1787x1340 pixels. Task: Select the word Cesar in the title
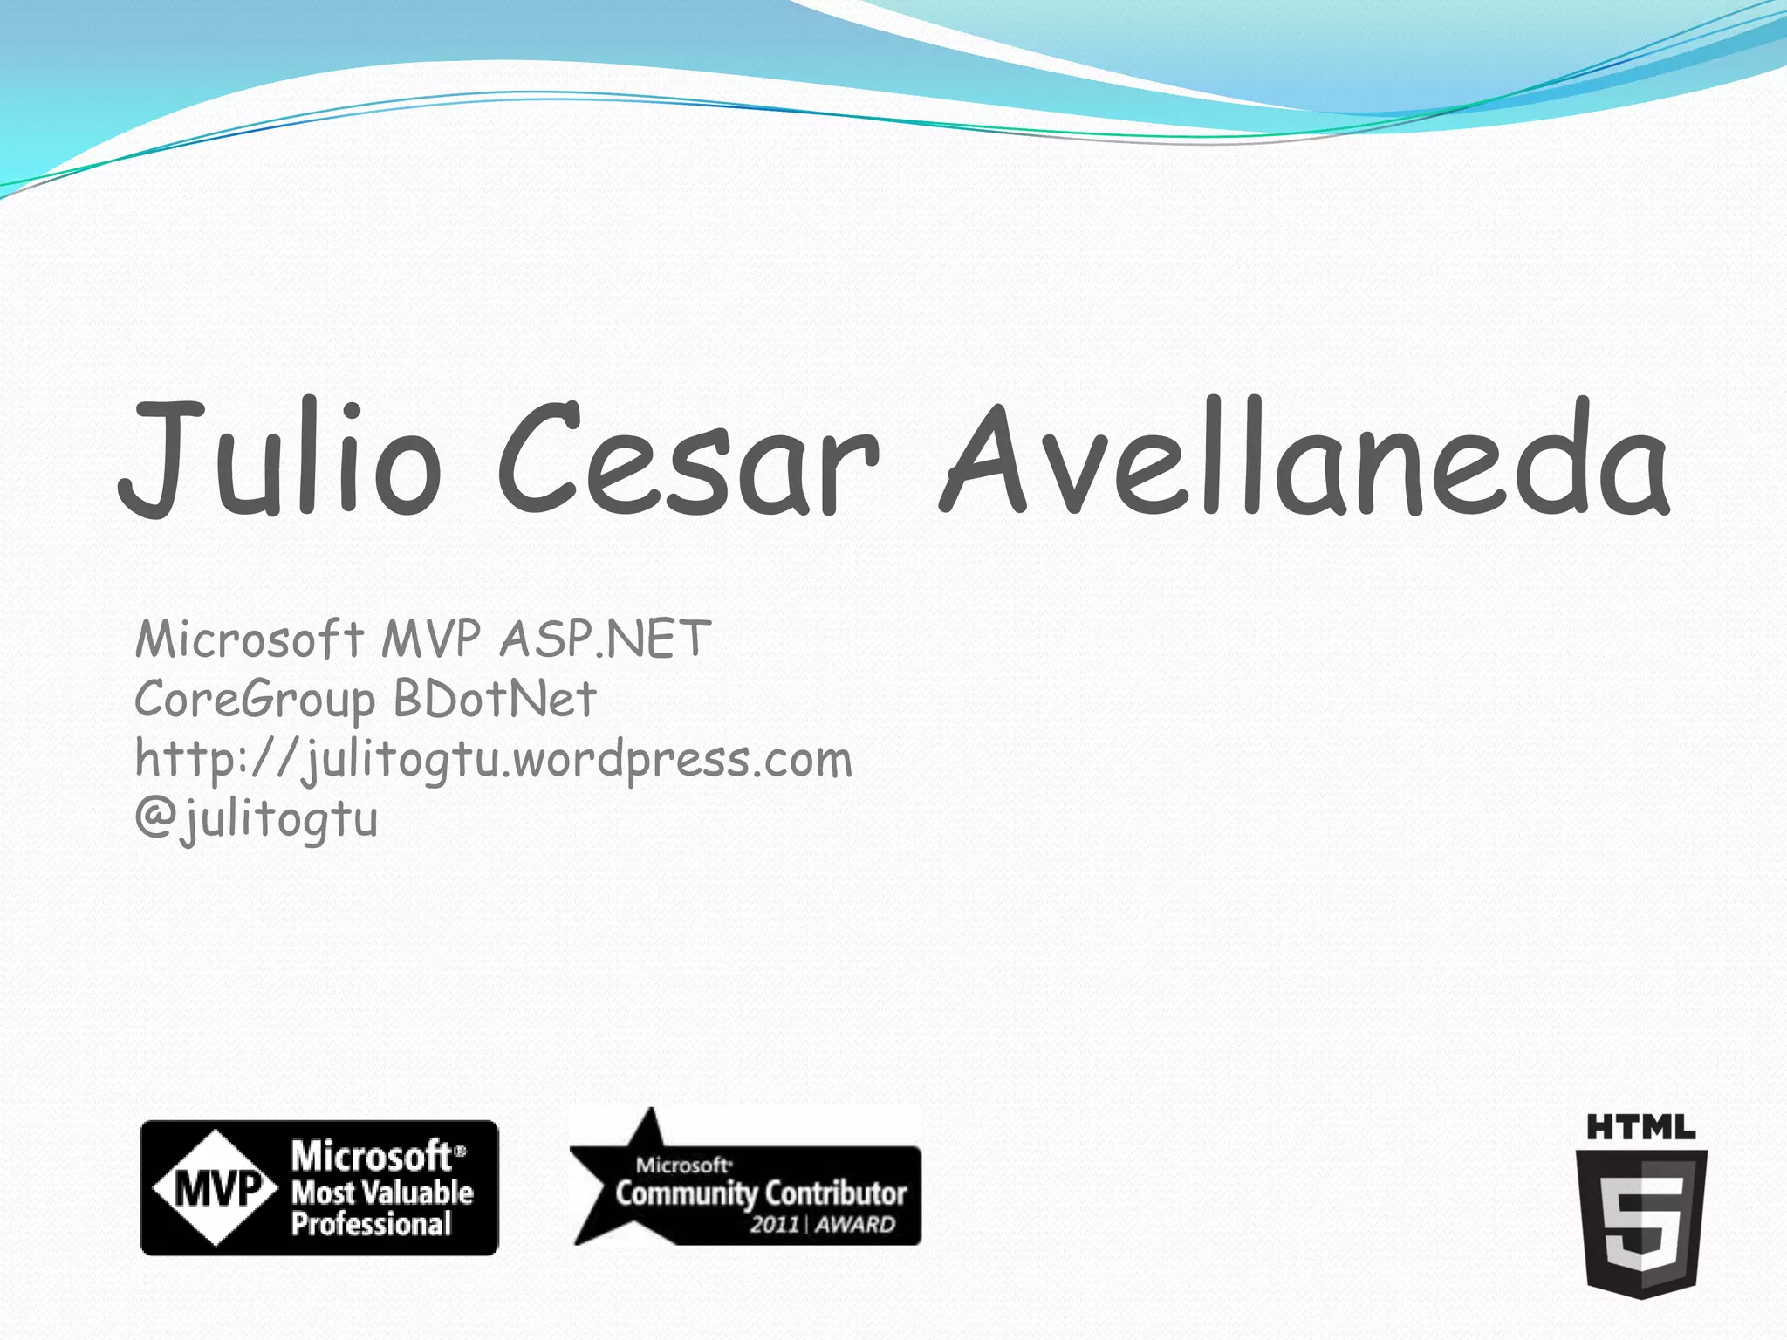coord(688,458)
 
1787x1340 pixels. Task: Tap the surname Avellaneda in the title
coord(1304,458)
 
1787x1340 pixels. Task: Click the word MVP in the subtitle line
coord(430,639)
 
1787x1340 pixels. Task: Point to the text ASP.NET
coord(606,639)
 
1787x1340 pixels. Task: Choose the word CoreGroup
coord(255,701)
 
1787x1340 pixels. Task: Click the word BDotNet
coord(495,699)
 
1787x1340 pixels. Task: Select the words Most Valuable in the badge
coord(382,1192)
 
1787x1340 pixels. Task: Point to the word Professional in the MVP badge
coord(372,1224)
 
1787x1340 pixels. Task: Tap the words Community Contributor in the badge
coord(761,1193)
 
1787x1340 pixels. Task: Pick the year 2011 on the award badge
coord(775,1225)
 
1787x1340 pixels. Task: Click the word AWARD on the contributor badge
coord(856,1225)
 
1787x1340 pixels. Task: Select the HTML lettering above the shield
coord(1640,1128)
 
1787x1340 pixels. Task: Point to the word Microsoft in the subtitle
coord(250,639)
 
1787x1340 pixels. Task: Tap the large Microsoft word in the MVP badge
coord(372,1157)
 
